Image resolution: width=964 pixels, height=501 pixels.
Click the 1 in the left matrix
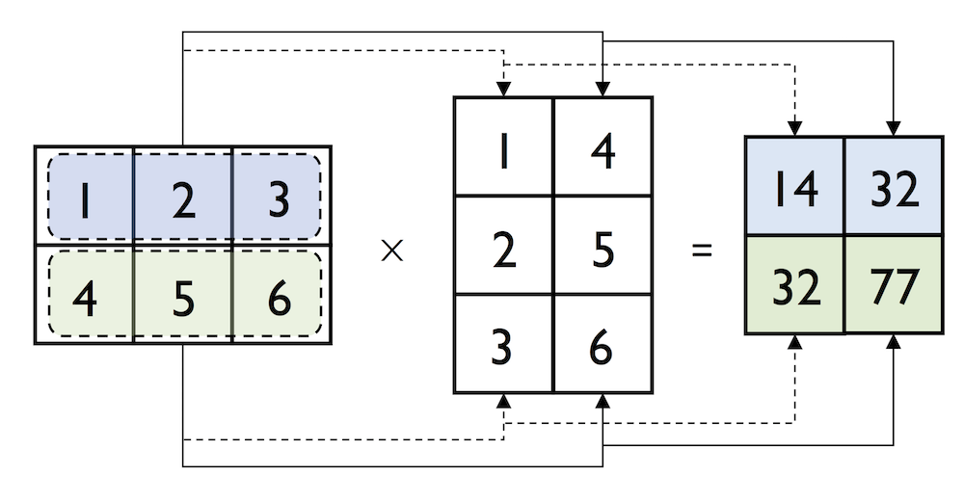(85, 199)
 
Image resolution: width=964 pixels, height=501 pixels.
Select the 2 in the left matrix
(183, 199)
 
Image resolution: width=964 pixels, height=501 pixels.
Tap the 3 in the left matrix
(280, 199)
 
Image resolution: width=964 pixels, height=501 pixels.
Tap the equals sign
(702, 251)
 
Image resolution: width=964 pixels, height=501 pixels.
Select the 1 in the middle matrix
(503, 152)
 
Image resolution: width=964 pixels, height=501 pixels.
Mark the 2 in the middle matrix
(503, 251)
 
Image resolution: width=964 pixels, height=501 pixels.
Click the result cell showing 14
(796, 189)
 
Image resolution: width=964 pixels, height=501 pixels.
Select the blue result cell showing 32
(895, 189)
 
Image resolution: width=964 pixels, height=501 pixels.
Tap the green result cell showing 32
(796, 286)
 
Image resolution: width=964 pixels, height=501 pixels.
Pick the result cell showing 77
(895, 286)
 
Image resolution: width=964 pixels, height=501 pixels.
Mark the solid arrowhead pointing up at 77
(895, 343)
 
